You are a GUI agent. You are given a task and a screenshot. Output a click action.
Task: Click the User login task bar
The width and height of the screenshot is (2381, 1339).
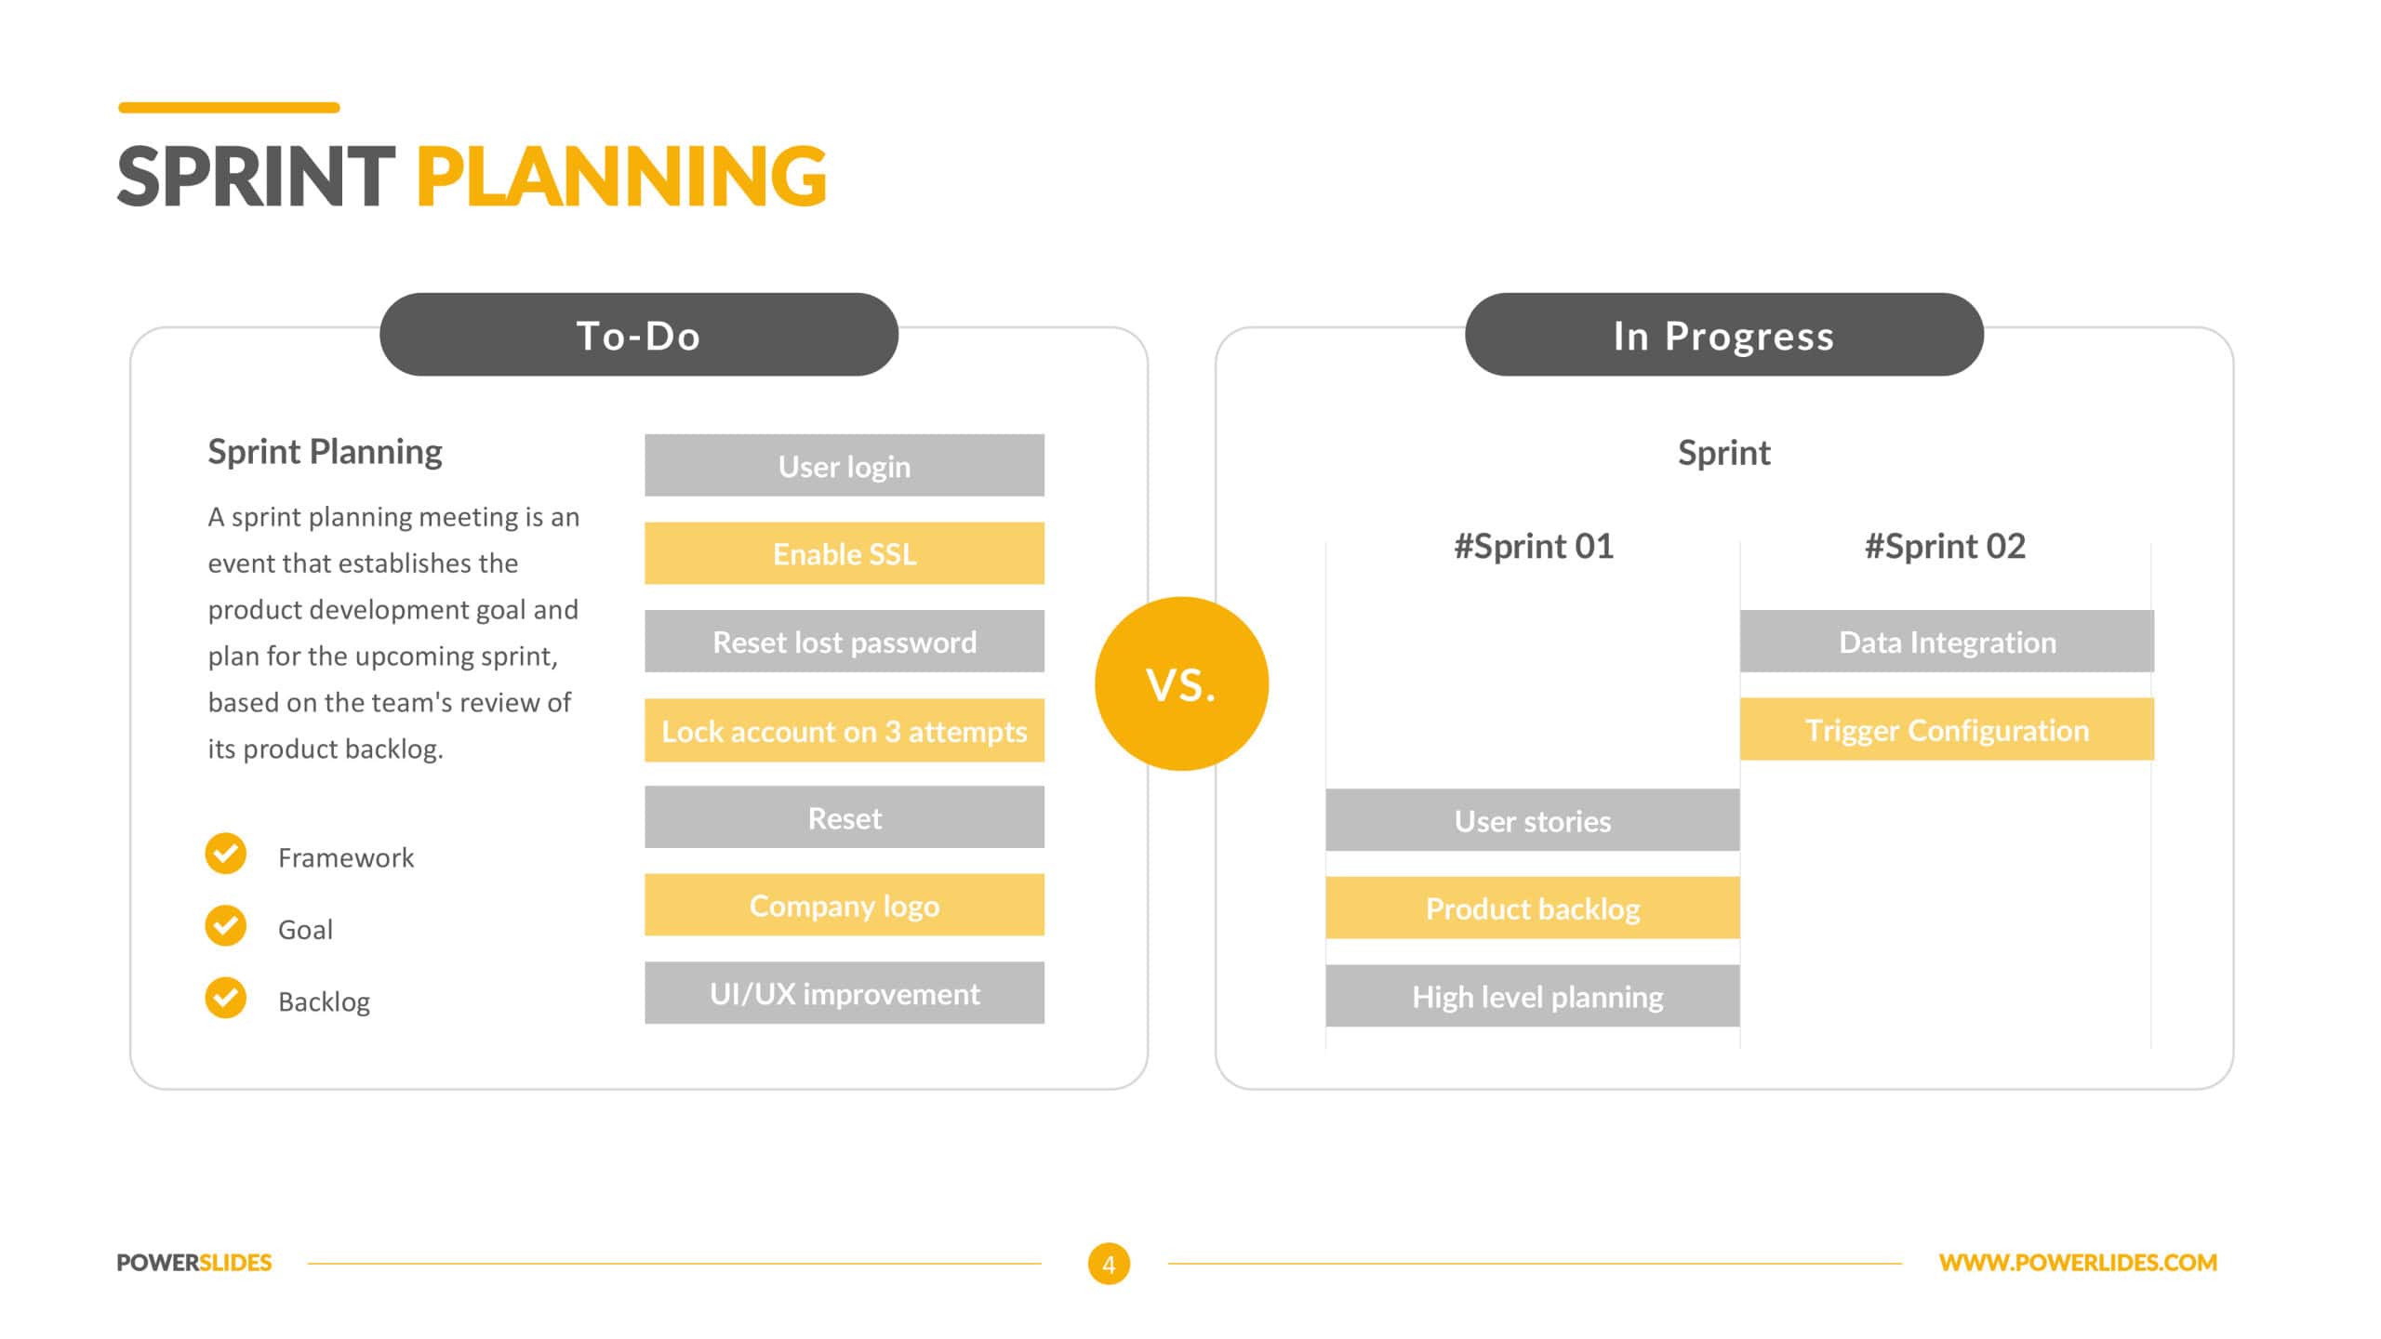pyautogui.click(x=845, y=465)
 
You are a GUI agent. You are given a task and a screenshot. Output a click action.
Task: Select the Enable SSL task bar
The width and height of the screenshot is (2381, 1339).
pyautogui.click(x=845, y=553)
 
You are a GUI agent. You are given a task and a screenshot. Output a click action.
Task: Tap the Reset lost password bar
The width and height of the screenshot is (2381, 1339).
pyautogui.click(x=845, y=641)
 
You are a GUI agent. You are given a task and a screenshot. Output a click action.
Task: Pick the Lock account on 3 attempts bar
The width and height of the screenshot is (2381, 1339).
pyautogui.click(x=845, y=730)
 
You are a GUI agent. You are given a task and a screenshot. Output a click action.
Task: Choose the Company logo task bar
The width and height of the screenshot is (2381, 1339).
pyautogui.click(x=845, y=905)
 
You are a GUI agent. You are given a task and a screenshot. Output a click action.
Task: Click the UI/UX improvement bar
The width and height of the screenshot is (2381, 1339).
pyautogui.click(x=845, y=993)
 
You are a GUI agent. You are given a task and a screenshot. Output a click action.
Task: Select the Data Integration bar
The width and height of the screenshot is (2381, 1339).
pyautogui.click(x=1947, y=641)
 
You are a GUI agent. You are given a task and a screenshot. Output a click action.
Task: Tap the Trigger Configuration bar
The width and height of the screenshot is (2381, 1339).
pyautogui.click(x=1947, y=729)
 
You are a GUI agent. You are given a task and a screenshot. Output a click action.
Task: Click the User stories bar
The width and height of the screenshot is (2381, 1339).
pyautogui.click(x=1533, y=820)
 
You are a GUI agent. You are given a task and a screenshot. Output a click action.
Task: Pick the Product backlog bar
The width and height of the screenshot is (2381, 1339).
pyautogui.click(x=1533, y=908)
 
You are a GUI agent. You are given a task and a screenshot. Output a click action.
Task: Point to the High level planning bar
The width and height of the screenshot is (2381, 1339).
pyautogui.click(x=1533, y=996)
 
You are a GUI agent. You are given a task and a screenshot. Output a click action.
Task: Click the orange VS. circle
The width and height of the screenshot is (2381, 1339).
pyautogui.click(x=1181, y=683)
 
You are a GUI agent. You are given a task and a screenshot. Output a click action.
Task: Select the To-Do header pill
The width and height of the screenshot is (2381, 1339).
pyautogui.click(x=639, y=335)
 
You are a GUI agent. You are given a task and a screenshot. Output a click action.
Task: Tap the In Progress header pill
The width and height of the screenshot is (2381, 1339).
pyautogui.click(x=1724, y=335)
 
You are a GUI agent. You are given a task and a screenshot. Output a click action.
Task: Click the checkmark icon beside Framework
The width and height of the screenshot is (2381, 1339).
pyautogui.click(x=226, y=854)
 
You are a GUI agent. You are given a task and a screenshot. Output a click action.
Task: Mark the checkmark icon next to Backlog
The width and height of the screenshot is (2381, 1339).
pyautogui.click(x=226, y=998)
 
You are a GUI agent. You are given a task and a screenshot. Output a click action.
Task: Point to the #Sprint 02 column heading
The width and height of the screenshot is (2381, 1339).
pyautogui.click(x=1945, y=546)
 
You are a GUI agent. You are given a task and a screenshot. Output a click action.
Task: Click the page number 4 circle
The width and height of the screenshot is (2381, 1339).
pyautogui.click(x=1109, y=1264)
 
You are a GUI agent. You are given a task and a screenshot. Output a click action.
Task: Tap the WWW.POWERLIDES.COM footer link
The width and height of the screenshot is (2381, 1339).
pyautogui.click(x=2078, y=1263)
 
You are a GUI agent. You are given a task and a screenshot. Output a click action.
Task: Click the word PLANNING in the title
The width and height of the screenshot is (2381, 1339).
pyautogui.click(x=621, y=176)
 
